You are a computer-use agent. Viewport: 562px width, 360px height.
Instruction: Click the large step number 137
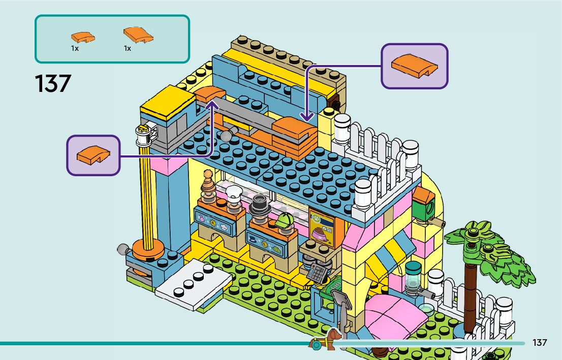tap(53, 84)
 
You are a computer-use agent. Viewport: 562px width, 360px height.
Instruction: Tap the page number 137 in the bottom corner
tap(540, 343)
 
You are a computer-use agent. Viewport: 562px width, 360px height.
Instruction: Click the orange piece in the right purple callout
tap(414, 67)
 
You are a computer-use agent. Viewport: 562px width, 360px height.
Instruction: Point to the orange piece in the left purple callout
tap(92, 155)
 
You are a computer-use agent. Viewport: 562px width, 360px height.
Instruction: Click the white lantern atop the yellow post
tap(143, 134)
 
